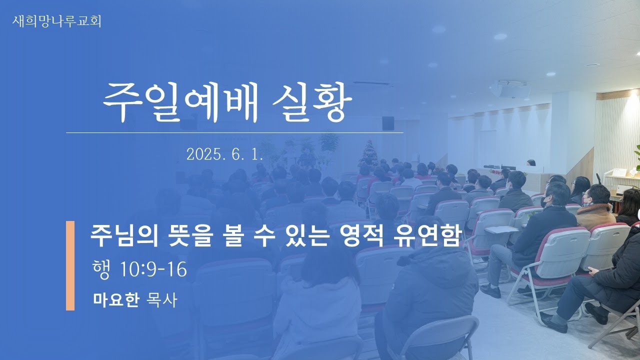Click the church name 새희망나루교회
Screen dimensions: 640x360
pyautogui.click(x=56, y=21)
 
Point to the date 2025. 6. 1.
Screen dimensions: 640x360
pyautogui.click(x=224, y=154)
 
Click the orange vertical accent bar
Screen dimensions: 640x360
pyautogui.click(x=70, y=265)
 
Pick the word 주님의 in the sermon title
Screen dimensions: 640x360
pyautogui.click(x=124, y=236)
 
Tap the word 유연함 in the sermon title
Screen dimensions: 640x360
pyautogui.click(x=427, y=236)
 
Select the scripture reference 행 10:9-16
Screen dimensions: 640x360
pyautogui.click(x=139, y=269)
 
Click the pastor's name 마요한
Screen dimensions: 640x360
pyautogui.click(x=116, y=299)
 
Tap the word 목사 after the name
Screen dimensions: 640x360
pyautogui.click(x=161, y=299)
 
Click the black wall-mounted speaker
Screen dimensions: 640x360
pyautogui.click(x=388, y=123)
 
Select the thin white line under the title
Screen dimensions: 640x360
pyautogui.click(x=234, y=133)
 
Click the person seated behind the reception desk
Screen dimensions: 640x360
pyautogui.click(x=531, y=163)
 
